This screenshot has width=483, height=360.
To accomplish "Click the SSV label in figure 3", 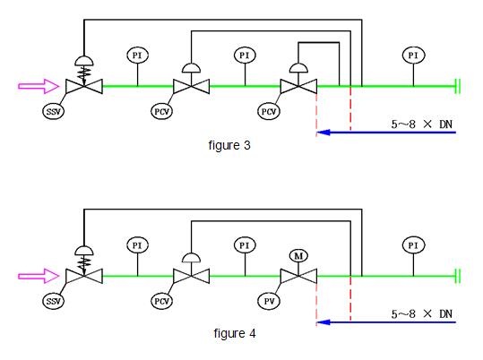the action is pos(53,111).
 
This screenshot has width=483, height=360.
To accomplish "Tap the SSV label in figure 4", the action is pos(53,301).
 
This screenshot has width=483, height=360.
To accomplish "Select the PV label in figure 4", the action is pos(269,301).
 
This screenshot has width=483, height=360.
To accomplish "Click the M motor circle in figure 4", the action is pos(298,256).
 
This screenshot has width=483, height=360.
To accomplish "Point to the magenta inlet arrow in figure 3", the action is pos(39,86).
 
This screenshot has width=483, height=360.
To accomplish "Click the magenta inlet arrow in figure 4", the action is pos(39,276).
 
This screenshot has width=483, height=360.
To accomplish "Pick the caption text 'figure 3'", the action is pos(229,145).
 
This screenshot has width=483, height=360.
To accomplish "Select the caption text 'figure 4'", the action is pos(235,333).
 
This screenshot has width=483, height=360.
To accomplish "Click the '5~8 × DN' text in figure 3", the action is pos(422,124).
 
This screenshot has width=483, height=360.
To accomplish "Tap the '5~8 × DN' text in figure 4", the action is pos(422,314).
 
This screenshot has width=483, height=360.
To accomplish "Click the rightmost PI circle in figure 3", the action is pos(413,56).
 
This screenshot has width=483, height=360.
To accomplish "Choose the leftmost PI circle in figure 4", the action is pos(137,245).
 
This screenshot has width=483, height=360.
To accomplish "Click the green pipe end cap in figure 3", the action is pos(458,86).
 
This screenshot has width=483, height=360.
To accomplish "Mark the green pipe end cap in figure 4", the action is pos(458,276).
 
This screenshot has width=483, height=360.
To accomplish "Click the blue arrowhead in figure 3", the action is pos(323,133).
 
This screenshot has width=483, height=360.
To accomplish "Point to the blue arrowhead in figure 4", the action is pos(323,322).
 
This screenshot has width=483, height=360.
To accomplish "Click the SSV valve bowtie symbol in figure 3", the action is pos(84,86).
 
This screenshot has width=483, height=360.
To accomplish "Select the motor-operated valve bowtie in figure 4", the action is pos(298,276).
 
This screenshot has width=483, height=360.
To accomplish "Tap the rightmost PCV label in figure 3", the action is pos(269,111).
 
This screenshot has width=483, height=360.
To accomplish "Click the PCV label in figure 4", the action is pos(161,301).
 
